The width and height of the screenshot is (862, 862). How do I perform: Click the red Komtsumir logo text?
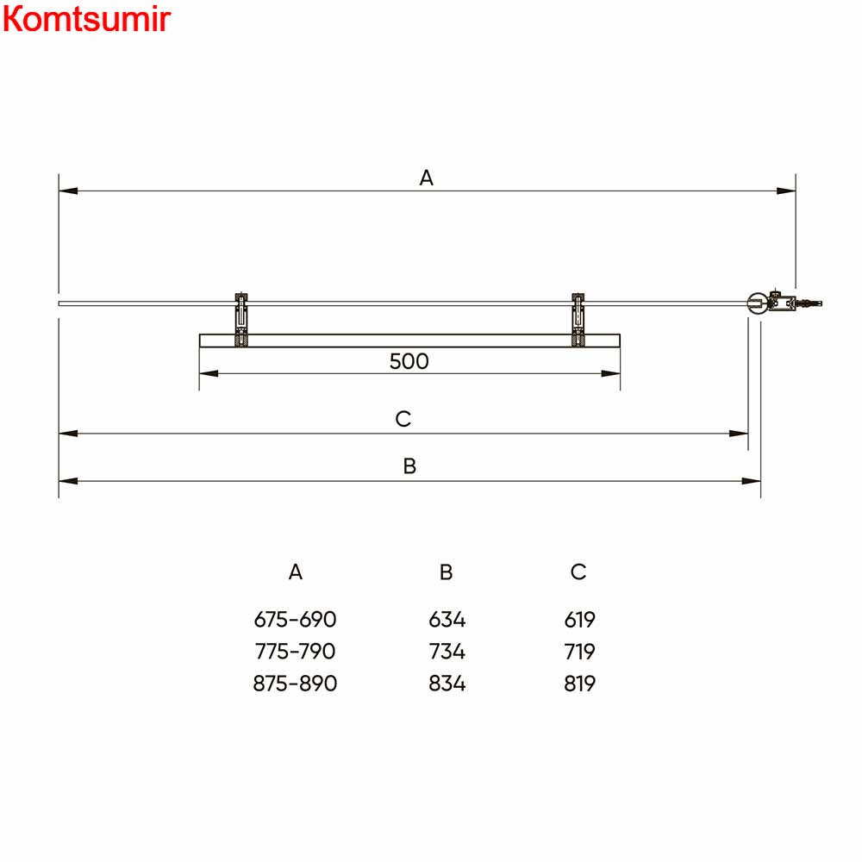pos(87,19)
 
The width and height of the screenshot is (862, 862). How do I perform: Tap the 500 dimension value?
pos(409,361)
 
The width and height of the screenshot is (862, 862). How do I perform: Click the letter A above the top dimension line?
pos(427,178)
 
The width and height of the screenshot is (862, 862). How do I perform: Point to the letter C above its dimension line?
pos(403,419)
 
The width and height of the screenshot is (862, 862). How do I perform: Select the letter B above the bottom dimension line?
pos(409,466)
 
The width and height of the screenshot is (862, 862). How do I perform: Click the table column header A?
pos(295,572)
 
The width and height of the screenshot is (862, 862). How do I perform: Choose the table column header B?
pos(446,572)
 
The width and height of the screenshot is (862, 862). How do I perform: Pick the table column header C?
pos(578,572)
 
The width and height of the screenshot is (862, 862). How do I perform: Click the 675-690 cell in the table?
pos(295,620)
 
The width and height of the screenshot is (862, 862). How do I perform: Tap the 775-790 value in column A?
pos(295,652)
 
